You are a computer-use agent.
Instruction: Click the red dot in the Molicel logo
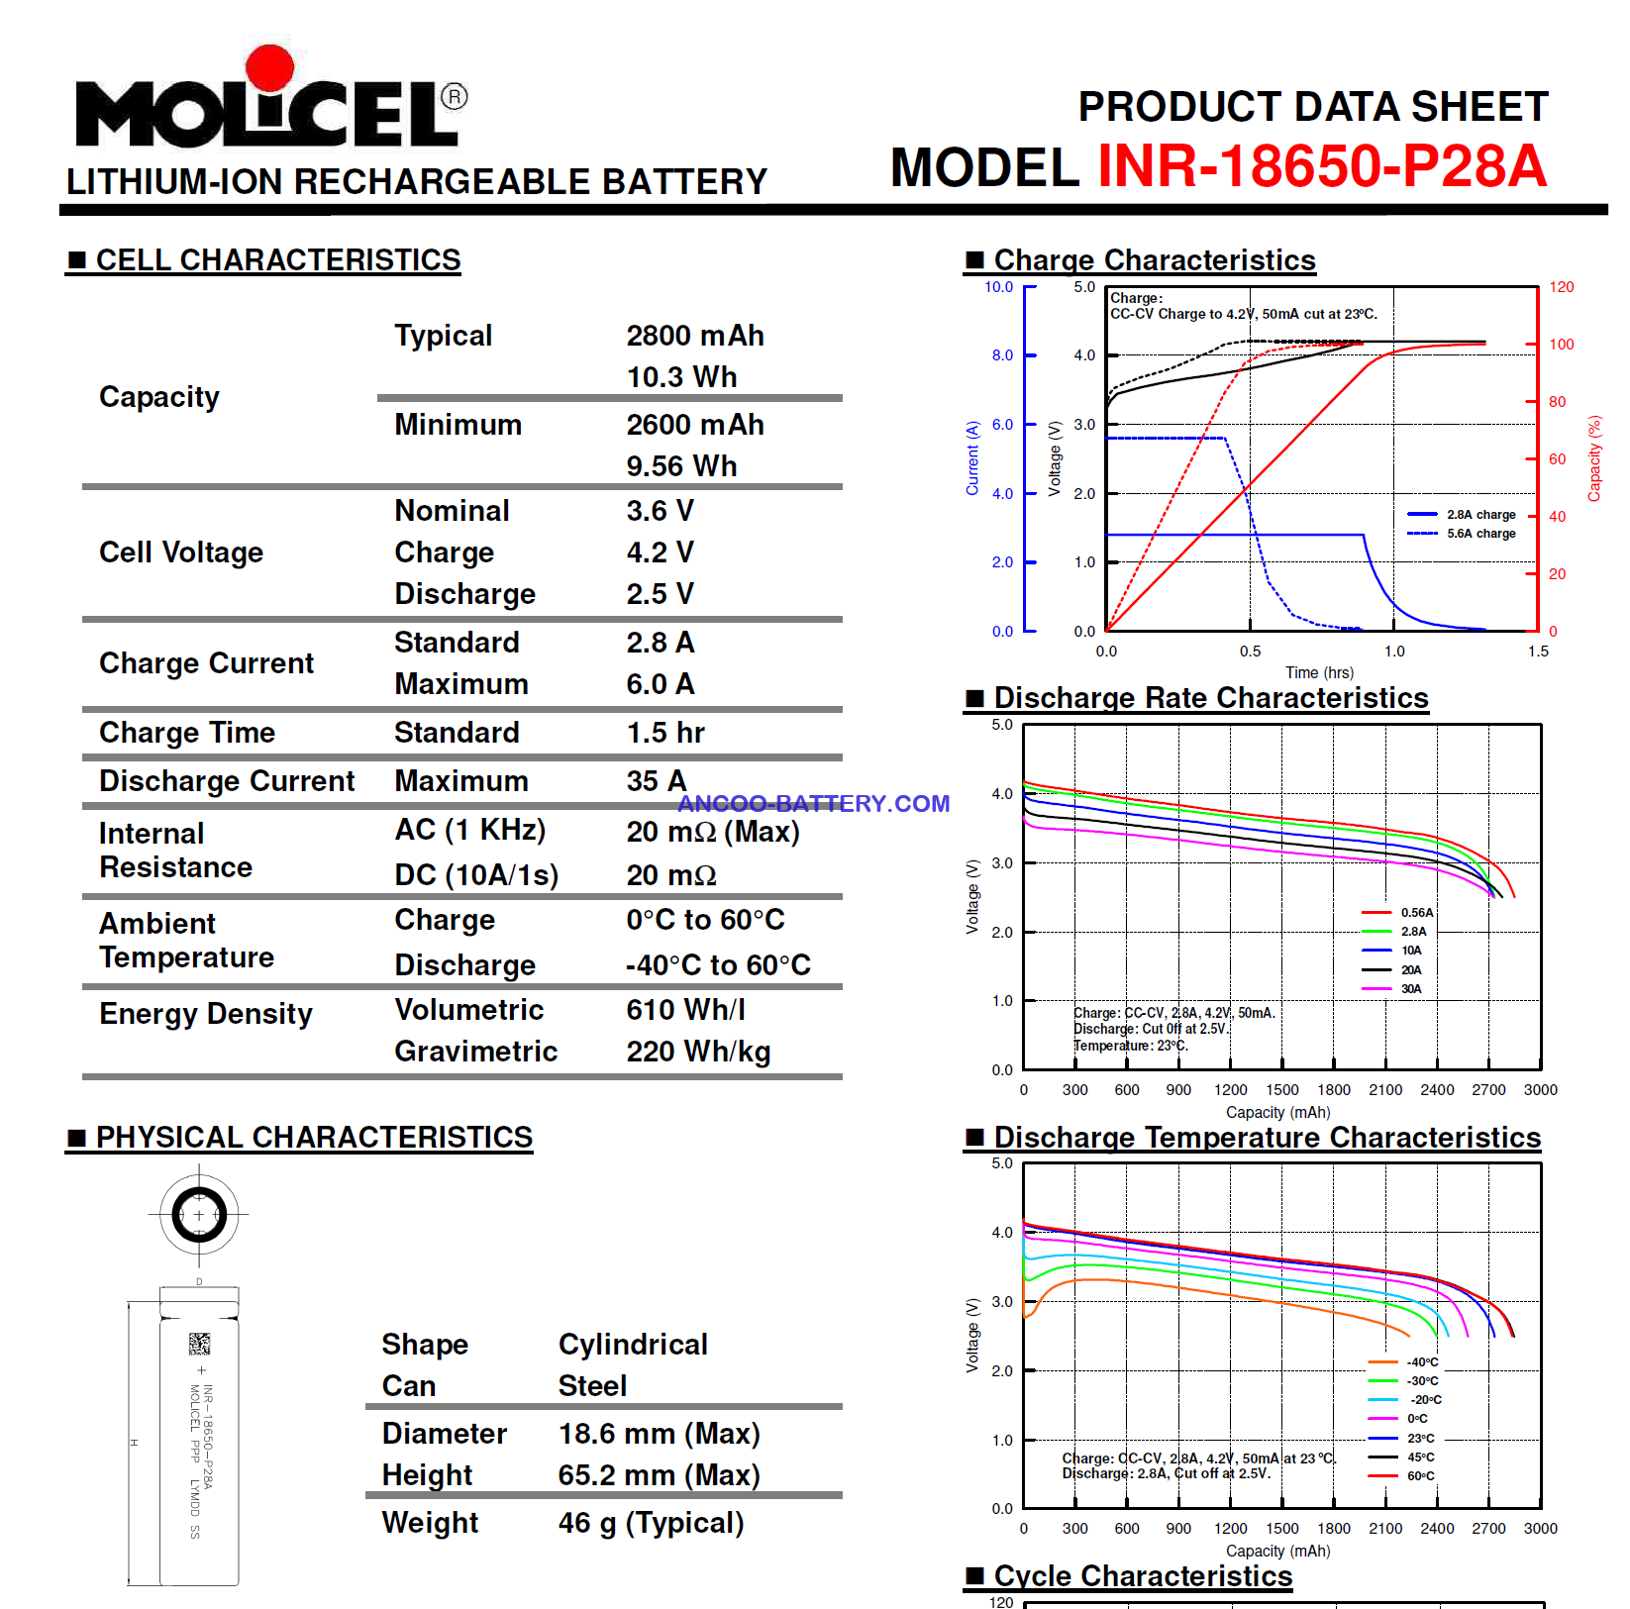tap(269, 69)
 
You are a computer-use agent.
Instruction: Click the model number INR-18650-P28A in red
tap(1322, 165)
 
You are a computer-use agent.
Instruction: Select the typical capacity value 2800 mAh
tap(695, 336)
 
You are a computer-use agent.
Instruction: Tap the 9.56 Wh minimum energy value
tap(681, 466)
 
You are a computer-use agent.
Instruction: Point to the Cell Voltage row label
tap(181, 553)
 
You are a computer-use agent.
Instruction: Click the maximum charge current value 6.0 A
tap(661, 684)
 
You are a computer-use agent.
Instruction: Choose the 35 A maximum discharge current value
tap(657, 781)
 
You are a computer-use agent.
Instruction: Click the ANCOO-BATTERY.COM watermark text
tap(814, 803)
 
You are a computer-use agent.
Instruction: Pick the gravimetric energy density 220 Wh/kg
tap(698, 1052)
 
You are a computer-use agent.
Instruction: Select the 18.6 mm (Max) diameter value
tap(660, 1434)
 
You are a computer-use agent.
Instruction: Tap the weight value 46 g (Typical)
tap(651, 1523)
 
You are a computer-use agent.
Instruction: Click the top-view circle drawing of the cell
tap(199, 1215)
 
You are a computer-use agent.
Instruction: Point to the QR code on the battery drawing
tap(200, 1344)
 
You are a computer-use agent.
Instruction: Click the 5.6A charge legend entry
tap(1462, 534)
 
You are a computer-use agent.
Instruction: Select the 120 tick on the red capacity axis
tap(1562, 287)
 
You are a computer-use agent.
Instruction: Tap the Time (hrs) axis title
tap(1319, 673)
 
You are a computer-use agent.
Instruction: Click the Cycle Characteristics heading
tap(1143, 1576)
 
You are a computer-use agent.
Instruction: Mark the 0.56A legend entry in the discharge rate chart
tap(1397, 913)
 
